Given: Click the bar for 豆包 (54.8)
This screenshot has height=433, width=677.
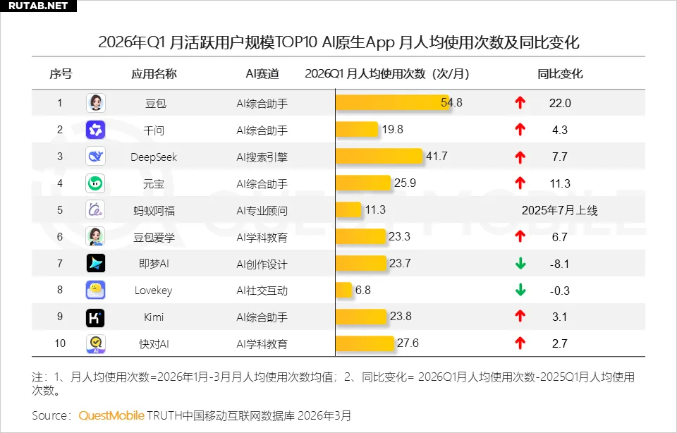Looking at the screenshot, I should point(389,103).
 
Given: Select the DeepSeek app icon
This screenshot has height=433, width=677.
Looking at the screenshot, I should point(96,157).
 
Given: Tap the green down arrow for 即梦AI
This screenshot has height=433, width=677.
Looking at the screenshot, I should point(520,264).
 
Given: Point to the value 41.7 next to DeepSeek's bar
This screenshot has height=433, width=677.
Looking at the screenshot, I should point(437,157).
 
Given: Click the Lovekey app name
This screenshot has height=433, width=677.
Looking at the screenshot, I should point(154,291).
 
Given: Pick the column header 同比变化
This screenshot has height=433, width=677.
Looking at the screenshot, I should point(560,74).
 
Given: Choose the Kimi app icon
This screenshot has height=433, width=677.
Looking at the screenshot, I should point(96,317).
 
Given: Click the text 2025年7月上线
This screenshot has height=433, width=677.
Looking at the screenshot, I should point(559,210).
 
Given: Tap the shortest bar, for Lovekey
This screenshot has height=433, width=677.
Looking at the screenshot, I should point(343,291).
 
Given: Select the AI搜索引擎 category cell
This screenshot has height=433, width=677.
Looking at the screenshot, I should point(262,157).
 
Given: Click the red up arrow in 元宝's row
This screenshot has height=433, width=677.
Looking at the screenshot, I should point(520,183).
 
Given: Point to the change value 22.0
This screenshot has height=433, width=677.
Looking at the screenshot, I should point(560,103).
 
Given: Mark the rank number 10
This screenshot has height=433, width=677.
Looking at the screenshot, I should point(60,343).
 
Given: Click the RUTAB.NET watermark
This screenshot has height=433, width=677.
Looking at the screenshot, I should point(36,6).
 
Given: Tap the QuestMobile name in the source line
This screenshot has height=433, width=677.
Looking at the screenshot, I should point(111,415).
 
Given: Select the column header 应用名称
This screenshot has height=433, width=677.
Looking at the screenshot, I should point(154,74).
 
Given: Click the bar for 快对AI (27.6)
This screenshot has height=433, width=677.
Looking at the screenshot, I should point(365,343).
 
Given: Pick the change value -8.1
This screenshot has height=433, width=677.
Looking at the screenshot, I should point(560,264).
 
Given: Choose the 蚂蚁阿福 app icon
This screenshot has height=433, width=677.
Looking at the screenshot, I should point(96,210).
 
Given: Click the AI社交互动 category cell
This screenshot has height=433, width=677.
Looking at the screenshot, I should point(262,291).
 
